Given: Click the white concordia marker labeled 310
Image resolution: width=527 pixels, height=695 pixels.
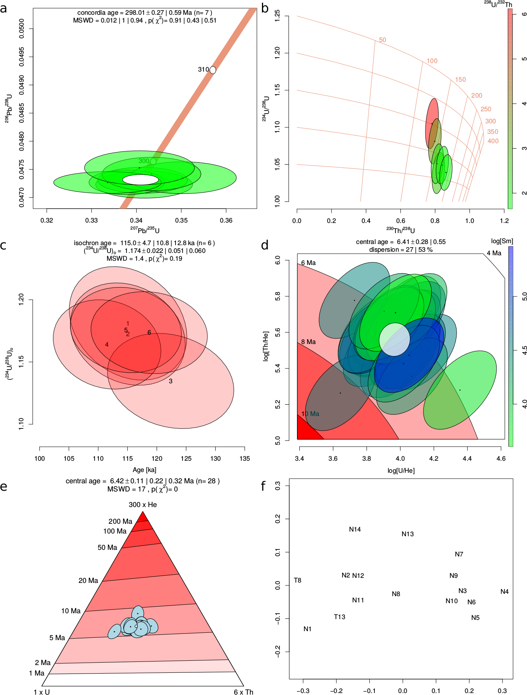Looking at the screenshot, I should click(x=213, y=70).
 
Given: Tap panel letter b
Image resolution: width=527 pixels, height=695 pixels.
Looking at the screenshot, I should click(x=265, y=8).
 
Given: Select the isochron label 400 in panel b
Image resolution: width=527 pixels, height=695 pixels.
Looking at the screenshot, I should click(x=493, y=141).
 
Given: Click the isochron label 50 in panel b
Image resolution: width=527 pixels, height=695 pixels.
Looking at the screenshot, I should click(x=383, y=40).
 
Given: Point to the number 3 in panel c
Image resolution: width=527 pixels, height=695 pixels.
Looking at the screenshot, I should click(x=170, y=381).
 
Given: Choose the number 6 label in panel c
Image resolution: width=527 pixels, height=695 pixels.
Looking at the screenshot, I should click(x=149, y=333).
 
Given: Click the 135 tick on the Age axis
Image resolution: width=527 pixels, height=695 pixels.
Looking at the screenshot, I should click(x=244, y=458).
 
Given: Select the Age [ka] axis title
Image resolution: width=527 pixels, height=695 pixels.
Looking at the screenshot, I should click(x=144, y=470).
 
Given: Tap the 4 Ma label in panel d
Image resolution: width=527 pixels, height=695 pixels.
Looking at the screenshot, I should click(x=494, y=253).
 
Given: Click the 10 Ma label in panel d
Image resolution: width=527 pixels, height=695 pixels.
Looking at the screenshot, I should click(x=310, y=414).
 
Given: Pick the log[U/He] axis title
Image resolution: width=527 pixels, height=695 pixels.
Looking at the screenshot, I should click(x=401, y=470).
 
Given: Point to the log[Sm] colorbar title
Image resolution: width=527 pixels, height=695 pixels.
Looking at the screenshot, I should click(x=502, y=241).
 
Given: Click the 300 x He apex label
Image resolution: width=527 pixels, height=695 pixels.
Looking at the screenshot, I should click(x=143, y=505).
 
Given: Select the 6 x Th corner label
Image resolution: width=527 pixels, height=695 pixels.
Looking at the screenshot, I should click(x=243, y=692).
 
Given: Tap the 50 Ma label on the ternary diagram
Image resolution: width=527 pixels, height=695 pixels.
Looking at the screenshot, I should click(x=107, y=548).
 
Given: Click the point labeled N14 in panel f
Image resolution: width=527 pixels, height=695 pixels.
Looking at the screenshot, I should click(x=355, y=529).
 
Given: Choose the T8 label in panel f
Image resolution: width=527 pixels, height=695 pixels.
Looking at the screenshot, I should click(x=297, y=580).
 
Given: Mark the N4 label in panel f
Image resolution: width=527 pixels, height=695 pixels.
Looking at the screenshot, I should click(x=504, y=591).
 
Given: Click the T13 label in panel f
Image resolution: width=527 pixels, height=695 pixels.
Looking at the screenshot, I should click(x=339, y=617).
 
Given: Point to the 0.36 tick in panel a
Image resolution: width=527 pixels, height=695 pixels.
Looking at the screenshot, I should click(x=226, y=220).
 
